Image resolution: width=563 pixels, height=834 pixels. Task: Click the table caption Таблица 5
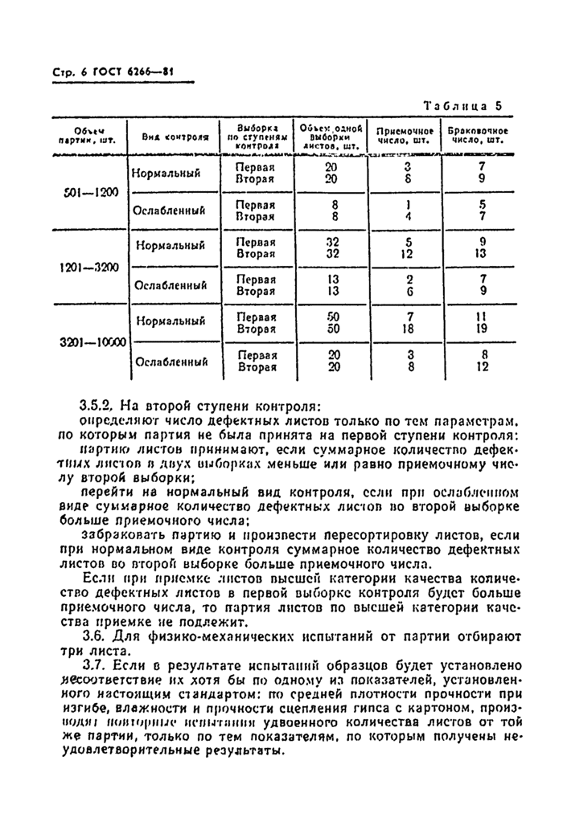tap(462, 105)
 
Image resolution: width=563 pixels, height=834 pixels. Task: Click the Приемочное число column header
tap(405, 136)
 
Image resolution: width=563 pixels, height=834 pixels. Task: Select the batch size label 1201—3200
tap(88, 267)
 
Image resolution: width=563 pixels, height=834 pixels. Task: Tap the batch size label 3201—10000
tap(92, 341)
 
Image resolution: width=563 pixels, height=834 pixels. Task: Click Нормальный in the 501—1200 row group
tap(165, 173)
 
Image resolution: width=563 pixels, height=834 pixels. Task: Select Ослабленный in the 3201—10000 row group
tap(171, 362)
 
